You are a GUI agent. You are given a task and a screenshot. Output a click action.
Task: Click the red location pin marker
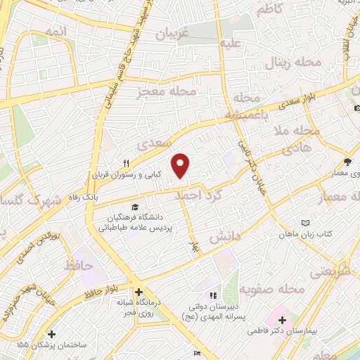tap(182, 166)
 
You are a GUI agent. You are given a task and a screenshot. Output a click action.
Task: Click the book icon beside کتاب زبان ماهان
tap(305, 223)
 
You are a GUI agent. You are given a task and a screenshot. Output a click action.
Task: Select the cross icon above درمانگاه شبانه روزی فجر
tap(139, 292)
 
